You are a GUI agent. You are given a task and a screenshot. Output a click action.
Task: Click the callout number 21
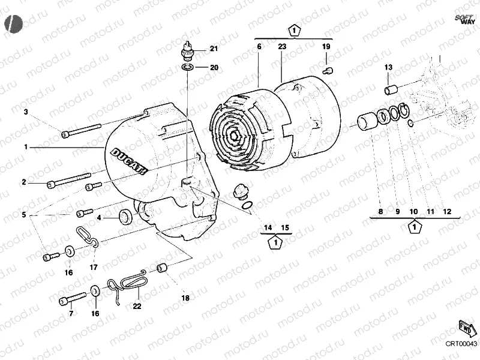point(214,49)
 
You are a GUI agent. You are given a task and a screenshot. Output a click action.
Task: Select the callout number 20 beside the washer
point(214,67)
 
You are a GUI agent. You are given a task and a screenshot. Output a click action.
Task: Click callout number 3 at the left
point(26,112)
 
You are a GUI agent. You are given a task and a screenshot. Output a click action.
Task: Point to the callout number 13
point(388,67)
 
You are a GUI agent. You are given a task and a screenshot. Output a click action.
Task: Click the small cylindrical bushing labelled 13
point(392,90)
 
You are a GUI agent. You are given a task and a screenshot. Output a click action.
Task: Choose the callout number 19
point(326,46)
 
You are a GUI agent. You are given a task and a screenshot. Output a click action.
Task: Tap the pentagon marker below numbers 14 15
point(275,242)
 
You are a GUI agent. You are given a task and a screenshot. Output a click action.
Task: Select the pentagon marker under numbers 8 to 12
point(413,227)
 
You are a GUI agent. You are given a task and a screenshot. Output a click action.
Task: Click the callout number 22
point(137,306)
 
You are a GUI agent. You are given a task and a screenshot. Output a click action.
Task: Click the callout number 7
point(70,313)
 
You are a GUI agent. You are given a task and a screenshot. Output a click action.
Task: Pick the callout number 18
point(185,298)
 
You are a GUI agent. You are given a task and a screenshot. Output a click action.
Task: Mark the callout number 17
point(94,267)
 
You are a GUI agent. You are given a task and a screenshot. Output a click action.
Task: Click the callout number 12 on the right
point(447,212)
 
